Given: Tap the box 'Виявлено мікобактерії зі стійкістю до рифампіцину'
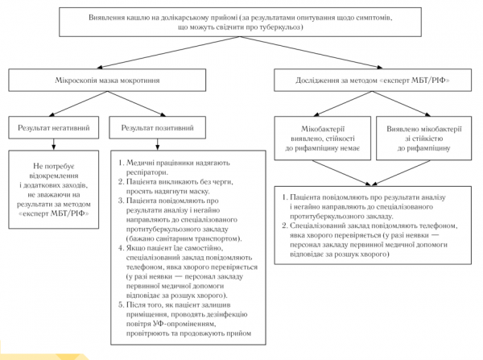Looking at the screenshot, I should click(424, 138).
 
